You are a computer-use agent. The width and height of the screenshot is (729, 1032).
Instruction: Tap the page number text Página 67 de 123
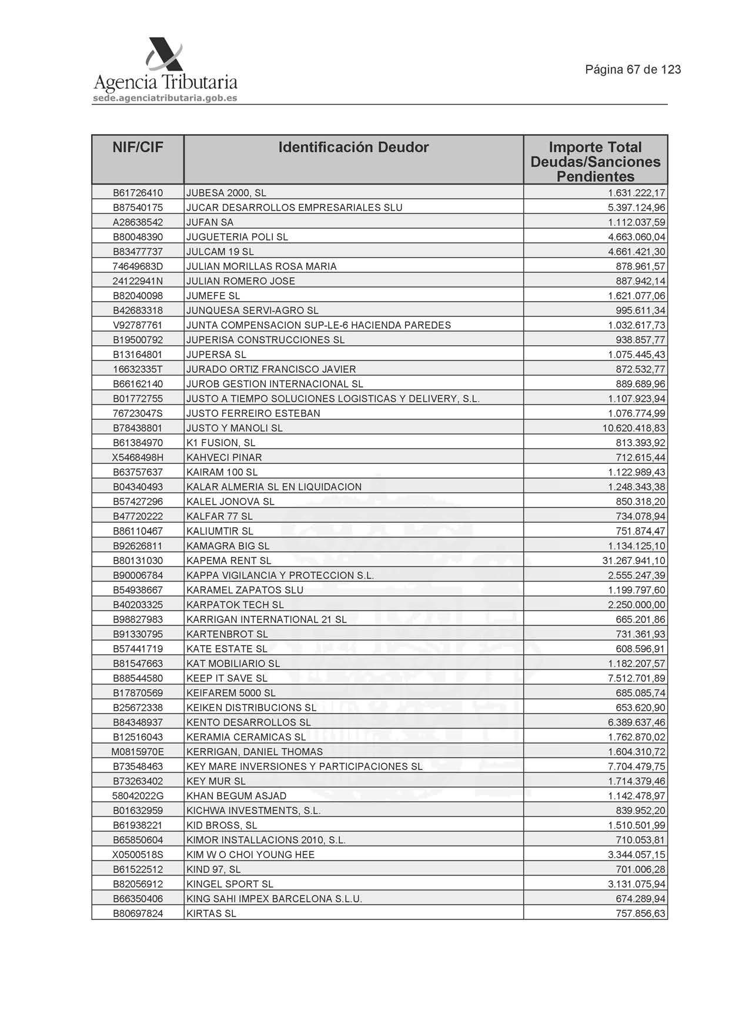(633, 70)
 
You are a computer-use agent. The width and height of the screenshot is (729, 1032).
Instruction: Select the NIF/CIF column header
(138, 148)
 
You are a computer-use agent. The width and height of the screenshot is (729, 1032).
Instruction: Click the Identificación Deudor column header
(353, 148)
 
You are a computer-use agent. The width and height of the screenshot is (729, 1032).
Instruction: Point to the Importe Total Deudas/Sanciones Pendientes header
(595, 162)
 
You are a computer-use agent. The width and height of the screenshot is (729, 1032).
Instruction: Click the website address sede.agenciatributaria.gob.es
(165, 98)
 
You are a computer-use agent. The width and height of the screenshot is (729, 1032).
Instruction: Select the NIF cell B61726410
(138, 193)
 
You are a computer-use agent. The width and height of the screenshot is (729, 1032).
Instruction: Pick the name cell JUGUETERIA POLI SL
(237, 237)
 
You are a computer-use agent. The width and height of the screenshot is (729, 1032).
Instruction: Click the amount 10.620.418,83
(634, 428)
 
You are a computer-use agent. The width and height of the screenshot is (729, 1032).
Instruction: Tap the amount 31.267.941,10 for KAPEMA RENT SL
(634, 560)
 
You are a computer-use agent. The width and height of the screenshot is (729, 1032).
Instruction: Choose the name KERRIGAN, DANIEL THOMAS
(255, 752)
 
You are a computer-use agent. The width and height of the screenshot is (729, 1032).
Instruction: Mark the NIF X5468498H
(138, 457)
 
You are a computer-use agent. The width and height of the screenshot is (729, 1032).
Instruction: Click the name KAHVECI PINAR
(224, 457)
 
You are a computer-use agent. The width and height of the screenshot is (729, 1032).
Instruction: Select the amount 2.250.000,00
(637, 604)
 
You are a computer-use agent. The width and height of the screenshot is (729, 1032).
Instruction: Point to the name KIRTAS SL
(211, 914)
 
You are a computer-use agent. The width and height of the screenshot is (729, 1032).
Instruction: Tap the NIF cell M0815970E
(138, 752)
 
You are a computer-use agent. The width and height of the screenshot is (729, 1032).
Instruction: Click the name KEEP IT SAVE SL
(227, 679)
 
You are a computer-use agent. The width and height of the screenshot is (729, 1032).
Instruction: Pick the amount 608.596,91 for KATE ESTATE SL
(640, 649)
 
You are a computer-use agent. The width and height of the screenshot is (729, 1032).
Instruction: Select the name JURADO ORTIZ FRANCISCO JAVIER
(271, 369)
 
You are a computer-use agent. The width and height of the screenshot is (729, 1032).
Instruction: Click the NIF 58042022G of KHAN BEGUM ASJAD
(138, 796)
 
